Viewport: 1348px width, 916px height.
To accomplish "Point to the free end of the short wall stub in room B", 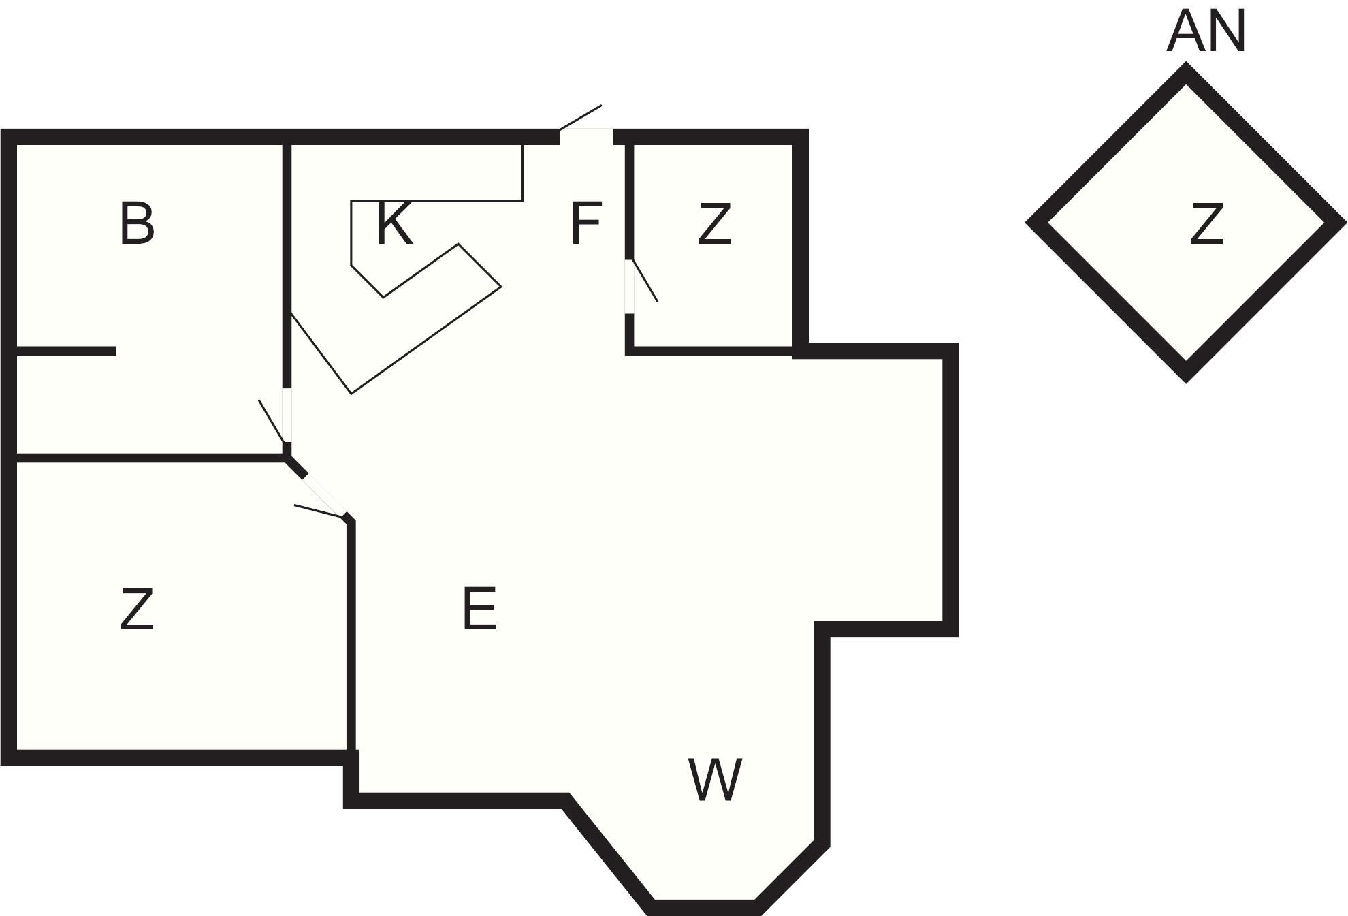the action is pyautogui.click(x=115, y=351).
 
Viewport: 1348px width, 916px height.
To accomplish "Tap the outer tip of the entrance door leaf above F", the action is pyautogui.click(x=602, y=105).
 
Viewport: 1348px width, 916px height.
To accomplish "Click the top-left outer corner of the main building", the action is pyautogui.click(x=1, y=129).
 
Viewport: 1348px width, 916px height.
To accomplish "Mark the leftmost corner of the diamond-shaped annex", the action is pyautogui.click(x=1026, y=221).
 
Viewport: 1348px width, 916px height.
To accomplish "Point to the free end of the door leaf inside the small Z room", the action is pyautogui.click(x=657, y=301).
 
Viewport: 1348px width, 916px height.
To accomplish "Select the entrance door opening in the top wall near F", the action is pyautogui.click(x=586, y=136).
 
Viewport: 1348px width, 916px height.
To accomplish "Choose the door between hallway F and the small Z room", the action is pyautogui.click(x=630, y=287).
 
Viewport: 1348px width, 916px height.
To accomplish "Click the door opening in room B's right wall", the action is pyautogui.click(x=287, y=415).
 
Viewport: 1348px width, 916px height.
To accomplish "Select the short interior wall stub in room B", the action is pyautogui.click(x=65, y=351).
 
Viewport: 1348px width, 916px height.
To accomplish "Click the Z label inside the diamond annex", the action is pyautogui.click(x=1206, y=224).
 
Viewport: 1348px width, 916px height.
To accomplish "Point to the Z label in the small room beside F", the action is pyautogui.click(x=714, y=224).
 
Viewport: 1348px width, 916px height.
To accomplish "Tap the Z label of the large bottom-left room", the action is pyautogui.click(x=136, y=610).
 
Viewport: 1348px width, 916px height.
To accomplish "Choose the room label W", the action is pyautogui.click(x=715, y=780).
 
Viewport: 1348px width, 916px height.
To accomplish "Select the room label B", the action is pyautogui.click(x=137, y=224).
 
